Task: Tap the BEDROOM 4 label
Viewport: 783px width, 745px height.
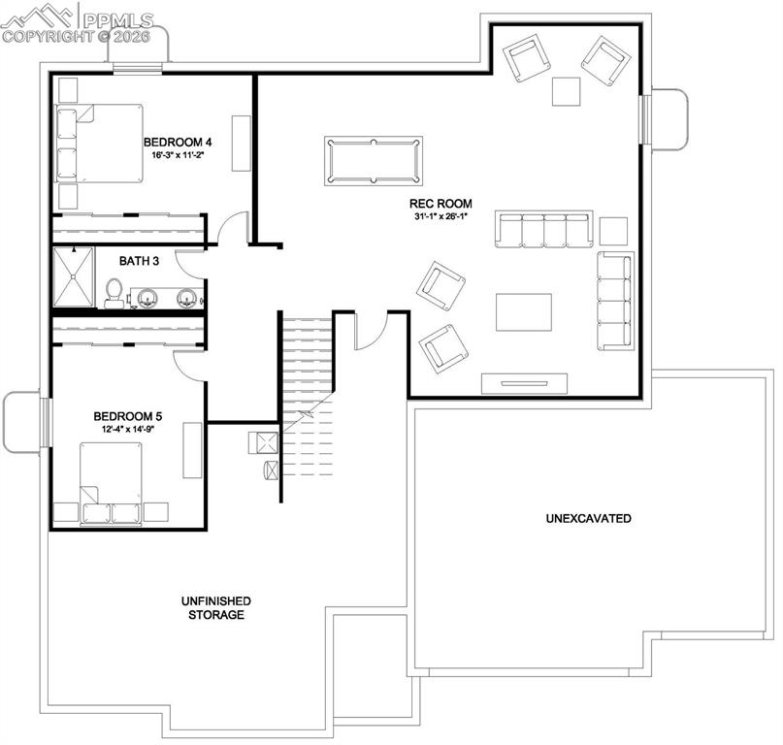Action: [178, 142]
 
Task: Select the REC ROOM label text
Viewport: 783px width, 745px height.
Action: [440, 204]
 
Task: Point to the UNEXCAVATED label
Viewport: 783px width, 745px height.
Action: [588, 518]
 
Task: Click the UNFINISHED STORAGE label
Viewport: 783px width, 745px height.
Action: [216, 608]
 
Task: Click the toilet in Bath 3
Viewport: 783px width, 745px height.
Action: [114, 292]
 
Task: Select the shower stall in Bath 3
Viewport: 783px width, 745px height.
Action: [74, 277]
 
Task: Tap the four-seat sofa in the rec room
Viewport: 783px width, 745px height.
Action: [543, 230]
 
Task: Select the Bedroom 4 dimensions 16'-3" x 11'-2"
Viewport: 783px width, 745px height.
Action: [178, 155]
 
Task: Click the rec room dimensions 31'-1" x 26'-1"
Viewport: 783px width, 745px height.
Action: [440, 216]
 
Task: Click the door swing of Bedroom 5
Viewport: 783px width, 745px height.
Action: [187, 358]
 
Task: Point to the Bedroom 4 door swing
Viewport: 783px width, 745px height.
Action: [231, 230]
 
